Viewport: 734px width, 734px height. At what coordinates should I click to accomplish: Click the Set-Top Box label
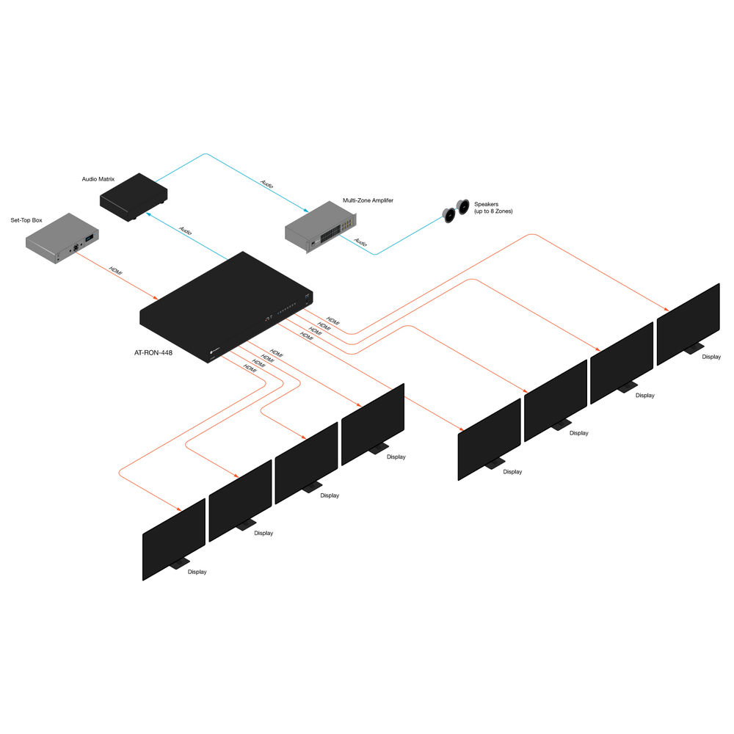(26, 220)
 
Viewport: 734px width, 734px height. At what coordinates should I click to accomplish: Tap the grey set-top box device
(62, 238)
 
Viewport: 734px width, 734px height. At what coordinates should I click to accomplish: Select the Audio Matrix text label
(98, 179)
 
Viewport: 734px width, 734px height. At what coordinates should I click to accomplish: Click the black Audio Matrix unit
(134, 197)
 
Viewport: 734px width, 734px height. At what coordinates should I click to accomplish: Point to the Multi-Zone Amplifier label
(368, 200)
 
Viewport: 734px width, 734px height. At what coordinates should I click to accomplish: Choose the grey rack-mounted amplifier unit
(321, 227)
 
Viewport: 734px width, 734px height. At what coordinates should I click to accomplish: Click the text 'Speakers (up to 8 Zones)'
(493, 208)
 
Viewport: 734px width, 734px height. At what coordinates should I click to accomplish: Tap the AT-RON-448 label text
(153, 352)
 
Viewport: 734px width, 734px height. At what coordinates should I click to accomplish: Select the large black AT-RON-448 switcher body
(226, 307)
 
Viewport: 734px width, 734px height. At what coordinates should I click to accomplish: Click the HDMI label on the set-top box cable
(116, 271)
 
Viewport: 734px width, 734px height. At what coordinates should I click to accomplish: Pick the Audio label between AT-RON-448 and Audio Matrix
(186, 230)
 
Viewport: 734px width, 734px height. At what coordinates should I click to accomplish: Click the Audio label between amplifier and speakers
(360, 241)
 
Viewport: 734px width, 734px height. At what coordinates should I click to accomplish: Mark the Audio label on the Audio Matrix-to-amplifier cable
(267, 184)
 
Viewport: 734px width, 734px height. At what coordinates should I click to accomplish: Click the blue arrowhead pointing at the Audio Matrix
(148, 214)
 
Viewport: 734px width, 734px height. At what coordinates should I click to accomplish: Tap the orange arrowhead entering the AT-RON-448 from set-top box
(156, 297)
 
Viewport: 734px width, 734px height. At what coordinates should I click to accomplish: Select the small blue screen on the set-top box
(89, 239)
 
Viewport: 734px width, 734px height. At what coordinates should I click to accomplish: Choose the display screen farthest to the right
(688, 324)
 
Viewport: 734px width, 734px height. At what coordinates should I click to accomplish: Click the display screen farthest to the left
(174, 539)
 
